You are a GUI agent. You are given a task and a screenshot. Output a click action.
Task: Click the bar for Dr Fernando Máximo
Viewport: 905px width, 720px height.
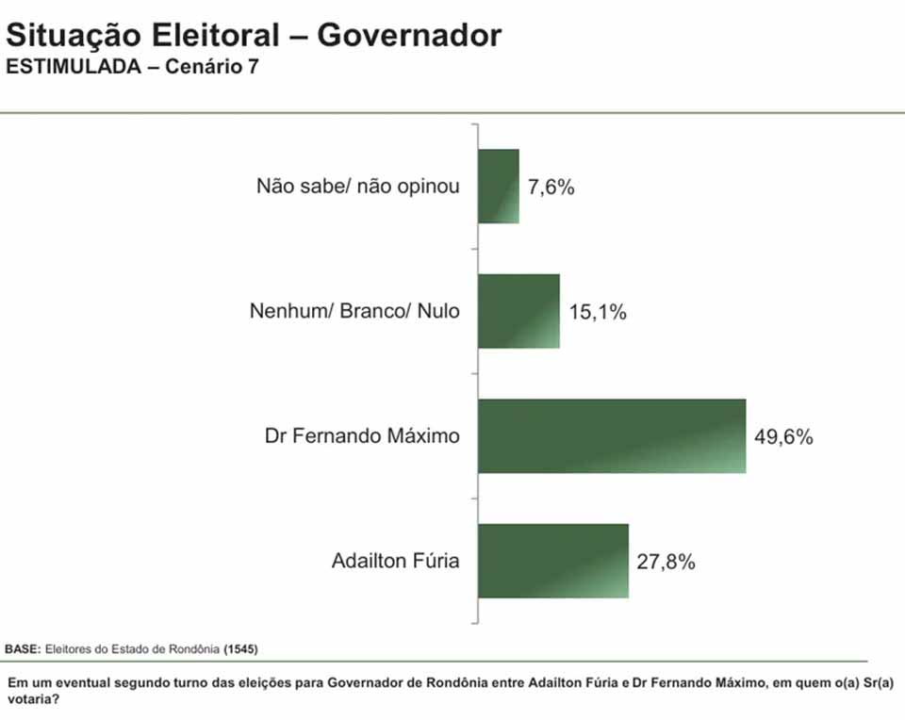[612, 436]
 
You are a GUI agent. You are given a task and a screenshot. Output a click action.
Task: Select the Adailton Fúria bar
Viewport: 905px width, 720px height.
[553, 561]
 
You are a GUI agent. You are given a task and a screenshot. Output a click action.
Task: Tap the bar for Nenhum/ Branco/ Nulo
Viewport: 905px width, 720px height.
[518, 311]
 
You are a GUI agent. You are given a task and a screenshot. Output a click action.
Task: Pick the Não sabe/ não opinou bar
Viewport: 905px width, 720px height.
[499, 186]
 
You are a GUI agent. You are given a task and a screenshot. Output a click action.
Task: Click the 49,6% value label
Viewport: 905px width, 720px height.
[783, 437]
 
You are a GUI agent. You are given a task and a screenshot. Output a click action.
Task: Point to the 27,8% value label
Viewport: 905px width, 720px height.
[666, 563]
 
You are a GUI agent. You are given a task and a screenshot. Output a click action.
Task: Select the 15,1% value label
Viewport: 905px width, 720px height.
[598, 312]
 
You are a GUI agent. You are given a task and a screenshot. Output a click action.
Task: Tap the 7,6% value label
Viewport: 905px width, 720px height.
[551, 187]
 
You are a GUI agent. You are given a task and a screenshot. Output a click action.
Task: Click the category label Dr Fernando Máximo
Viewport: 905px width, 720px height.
[362, 436]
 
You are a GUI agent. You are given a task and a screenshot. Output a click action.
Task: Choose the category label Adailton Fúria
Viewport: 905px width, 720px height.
[396, 562]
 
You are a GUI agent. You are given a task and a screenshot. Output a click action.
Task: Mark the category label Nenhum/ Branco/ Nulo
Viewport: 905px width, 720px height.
[355, 310]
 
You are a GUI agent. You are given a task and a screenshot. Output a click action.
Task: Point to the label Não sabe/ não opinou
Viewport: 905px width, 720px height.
[358, 186]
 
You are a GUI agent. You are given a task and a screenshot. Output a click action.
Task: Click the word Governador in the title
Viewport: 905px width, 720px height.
[409, 36]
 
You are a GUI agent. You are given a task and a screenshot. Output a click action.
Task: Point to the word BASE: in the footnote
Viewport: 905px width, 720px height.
[22, 649]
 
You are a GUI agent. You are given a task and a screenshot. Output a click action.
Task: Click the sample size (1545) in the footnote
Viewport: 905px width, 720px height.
[241, 649]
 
